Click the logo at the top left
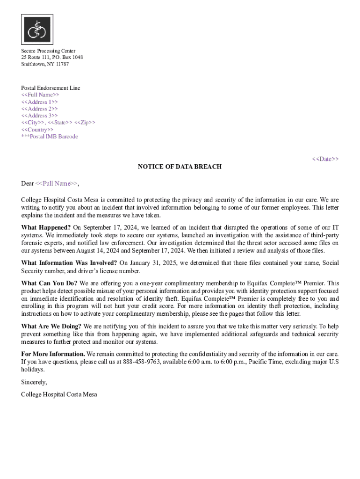point(37,29)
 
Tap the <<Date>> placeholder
point(325,159)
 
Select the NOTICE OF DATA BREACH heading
point(180,167)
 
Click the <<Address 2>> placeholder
point(39,109)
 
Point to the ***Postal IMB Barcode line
point(50,137)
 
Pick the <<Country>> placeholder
point(37,130)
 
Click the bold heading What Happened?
point(46,228)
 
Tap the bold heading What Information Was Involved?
point(69,263)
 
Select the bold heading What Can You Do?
point(49,283)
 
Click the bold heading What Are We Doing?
point(51,326)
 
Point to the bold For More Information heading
point(53,354)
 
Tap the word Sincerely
point(34,382)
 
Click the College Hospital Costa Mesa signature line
point(59,394)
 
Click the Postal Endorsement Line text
point(50,88)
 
